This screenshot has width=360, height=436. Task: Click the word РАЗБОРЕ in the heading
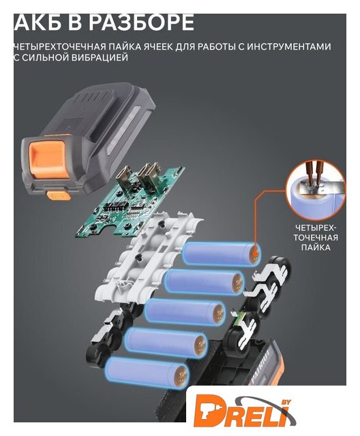point(141,22)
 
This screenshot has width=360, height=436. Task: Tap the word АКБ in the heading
point(33,22)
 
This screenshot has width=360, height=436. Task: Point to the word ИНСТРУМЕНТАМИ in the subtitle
point(289,46)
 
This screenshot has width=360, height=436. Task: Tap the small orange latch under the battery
point(59,196)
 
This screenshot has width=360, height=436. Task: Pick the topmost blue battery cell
point(222,253)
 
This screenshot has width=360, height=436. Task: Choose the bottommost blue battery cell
point(147,373)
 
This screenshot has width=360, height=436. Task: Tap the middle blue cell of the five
point(185,312)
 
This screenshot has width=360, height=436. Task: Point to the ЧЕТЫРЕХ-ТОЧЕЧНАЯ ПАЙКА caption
point(316,238)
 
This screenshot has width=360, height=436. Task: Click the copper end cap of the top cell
point(254,253)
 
